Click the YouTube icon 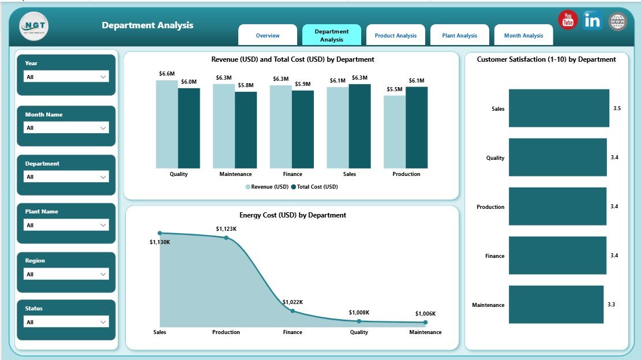(568, 20)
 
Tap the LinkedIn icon (593, 20)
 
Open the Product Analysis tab (396, 35)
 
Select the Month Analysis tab (523, 35)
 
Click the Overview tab (268, 35)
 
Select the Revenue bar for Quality (167, 124)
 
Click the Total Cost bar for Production (417, 127)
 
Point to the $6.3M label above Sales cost (359, 78)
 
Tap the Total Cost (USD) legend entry (314, 187)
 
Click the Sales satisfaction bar (558, 108)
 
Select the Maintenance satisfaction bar (556, 304)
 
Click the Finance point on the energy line (293, 311)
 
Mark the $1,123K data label (226, 229)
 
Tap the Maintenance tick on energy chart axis (425, 332)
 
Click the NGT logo (34, 27)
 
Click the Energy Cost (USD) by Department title (293, 215)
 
